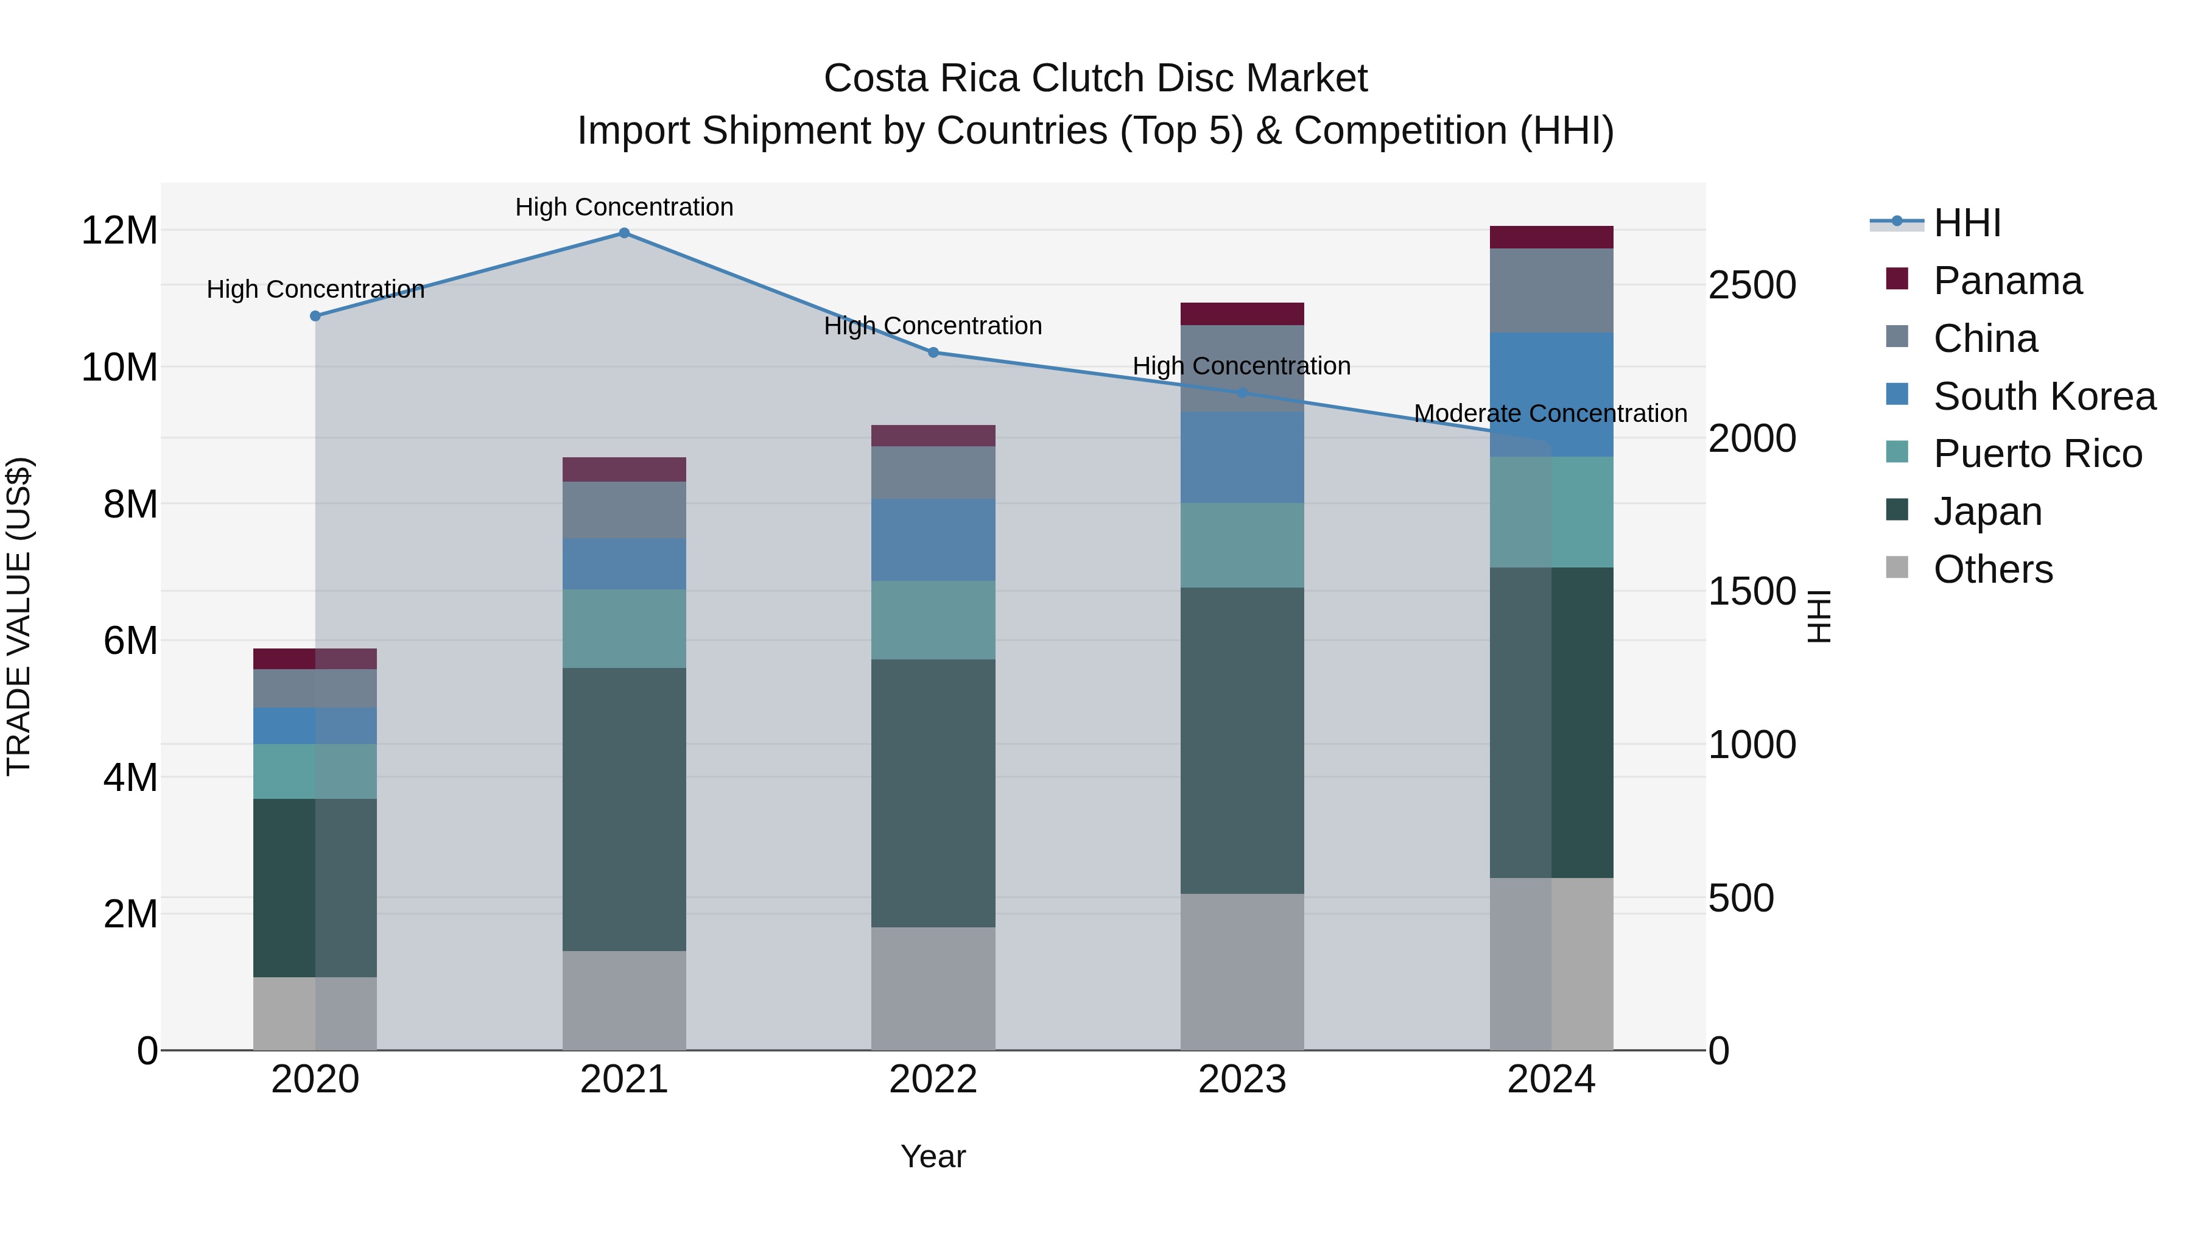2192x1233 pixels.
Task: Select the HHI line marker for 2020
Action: point(315,315)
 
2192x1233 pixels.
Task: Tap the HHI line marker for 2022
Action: point(933,353)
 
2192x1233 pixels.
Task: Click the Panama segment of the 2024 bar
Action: point(1551,237)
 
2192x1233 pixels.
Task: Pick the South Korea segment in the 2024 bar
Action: point(1551,395)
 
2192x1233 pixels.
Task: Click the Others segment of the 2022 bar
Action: point(933,989)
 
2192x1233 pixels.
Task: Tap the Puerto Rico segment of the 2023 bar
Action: point(1242,546)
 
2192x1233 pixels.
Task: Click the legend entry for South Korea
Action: point(2044,396)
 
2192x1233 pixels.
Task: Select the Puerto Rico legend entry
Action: point(2037,454)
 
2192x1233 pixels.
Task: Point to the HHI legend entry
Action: point(1967,223)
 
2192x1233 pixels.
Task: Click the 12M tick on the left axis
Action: point(119,231)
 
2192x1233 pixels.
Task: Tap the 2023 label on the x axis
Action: point(1242,1080)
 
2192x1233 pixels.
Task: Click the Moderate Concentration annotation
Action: point(1550,413)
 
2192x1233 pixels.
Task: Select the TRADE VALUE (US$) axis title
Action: point(19,616)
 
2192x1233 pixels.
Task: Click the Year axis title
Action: point(933,1156)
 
